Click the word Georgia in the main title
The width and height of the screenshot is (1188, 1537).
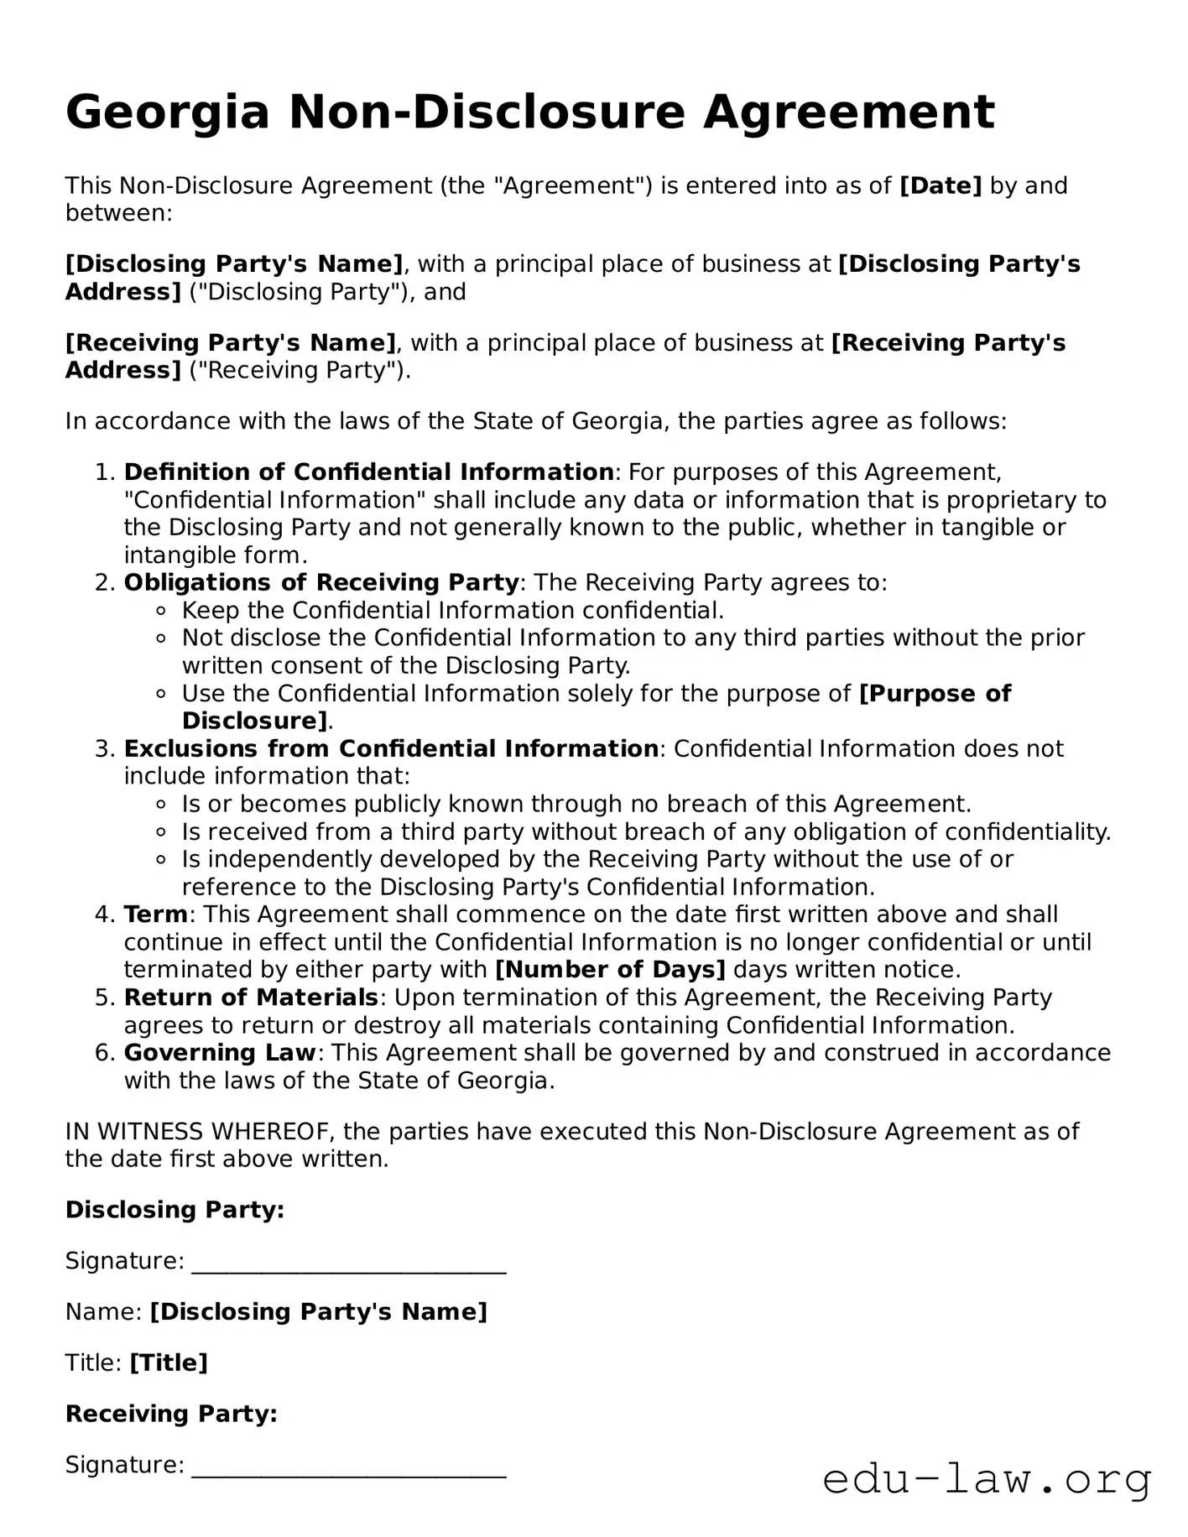click(168, 112)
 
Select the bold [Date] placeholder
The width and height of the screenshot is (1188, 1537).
click(940, 185)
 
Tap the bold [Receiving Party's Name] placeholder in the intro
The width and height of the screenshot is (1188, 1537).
click(231, 342)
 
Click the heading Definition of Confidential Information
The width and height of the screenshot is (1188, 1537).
click(368, 472)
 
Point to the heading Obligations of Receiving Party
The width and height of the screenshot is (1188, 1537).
click(321, 582)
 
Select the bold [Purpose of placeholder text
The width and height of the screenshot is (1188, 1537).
click(935, 694)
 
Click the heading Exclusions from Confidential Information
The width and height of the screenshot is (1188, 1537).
click(391, 748)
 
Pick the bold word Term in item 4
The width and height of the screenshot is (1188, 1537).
click(156, 914)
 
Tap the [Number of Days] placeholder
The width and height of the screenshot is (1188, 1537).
click(610, 970)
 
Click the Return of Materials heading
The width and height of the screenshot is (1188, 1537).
click(251, 998)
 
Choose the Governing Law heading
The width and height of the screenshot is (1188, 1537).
click(220, 1053)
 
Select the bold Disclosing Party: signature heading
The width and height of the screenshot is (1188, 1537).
click(175, 1210)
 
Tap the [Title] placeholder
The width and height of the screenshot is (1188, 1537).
click(169, 1362)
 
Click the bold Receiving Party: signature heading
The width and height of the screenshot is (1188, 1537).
click(171, 1414)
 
